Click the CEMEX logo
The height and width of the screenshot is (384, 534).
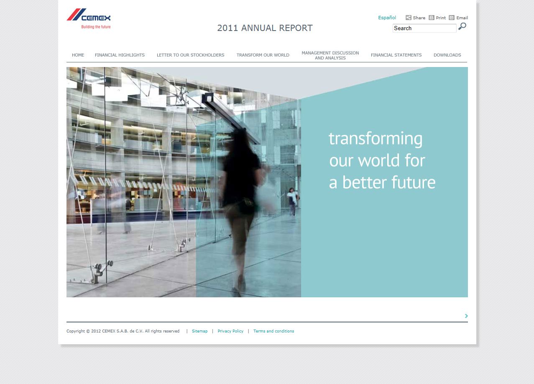pyautogui.click(x=89, y=18)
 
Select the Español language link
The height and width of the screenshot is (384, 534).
pyautogui.click(x=387, y=18)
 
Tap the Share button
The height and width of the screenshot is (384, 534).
pyautogui.click(x=416, y=18)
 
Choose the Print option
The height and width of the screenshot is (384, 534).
pyautogui.click(x=437, y=18)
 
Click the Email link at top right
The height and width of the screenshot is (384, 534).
pyautogui.click(x=458, y=18)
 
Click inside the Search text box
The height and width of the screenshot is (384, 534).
pyautogui.click(x=424, y=28)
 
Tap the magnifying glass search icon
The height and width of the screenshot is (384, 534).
pyautogui.click(x=462, y=26)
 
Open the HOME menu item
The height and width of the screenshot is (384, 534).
pyautogui.click(x=78, y=55)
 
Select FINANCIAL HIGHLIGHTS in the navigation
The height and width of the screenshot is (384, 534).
pyautogui.click(x=120, y=55)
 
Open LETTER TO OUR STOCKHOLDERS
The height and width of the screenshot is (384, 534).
pyautogui.click(x=191, y=55)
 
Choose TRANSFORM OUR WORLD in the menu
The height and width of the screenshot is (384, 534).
pyautogui.click(x=263, y=55)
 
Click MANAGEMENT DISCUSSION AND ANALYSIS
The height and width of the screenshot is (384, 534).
pyautogui.click(x=330, y=55)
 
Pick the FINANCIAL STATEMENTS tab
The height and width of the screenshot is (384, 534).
pyautogui.click(x=396, y=55)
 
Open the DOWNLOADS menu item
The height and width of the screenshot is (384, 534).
pyautogui.click(x=447, y=55)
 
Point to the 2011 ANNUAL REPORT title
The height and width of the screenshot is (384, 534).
pyautogui.click(x=265, y=28)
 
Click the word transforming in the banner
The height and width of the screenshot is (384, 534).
pyautogui.click(x=376, y=139)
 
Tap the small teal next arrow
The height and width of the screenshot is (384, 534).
pyautogui.click(x=466, y=316)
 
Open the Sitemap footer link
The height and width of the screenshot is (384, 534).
pyautogui.click(x=200, y=331)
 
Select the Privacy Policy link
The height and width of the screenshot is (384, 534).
pyautogui.click(x=230, y=331)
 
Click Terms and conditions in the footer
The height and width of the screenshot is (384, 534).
pyautogui.click(x=273, y=331)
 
